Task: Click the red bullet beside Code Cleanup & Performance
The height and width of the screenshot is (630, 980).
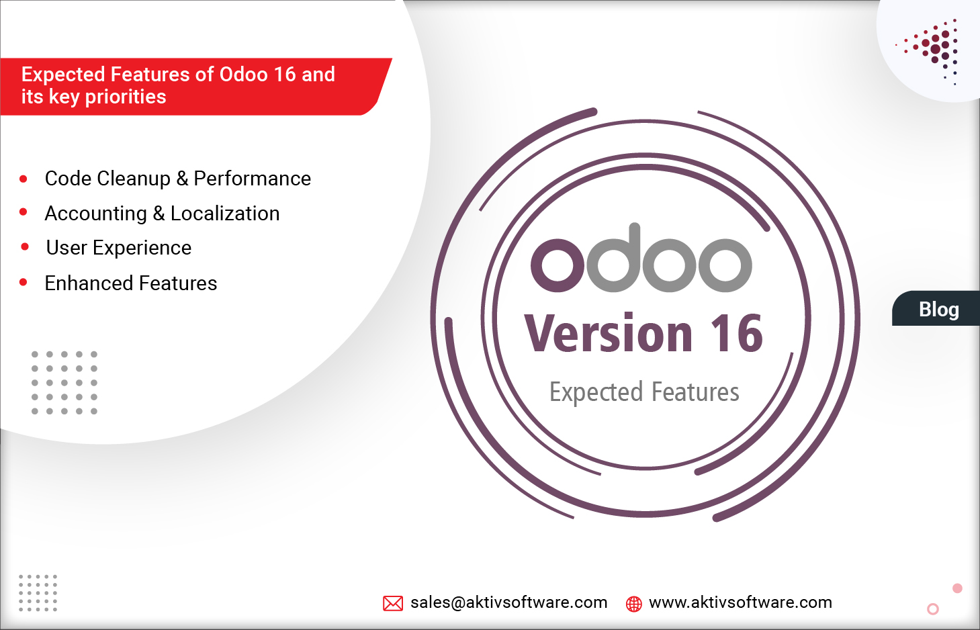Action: (x=24, y=179)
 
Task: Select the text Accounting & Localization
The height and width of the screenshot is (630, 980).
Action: (x=162, y=214)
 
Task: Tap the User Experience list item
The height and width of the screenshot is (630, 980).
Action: (x=119, y=248)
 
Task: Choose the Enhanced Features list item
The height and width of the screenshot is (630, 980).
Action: (x=131, y=283)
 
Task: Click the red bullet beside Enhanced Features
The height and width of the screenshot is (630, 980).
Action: (x=24, y=283)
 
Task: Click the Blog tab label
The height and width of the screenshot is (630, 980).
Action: (x=938, y=309)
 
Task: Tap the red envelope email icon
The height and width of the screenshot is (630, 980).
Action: (x=393, y=603)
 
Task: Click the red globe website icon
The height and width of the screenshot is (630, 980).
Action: (x=633, y=604)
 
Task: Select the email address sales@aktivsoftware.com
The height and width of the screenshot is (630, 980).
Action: (x=508, y=602)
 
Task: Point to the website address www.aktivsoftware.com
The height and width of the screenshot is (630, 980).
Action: (x=740, y=602)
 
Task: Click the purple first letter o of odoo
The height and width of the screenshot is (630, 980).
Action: (x=558, y=265)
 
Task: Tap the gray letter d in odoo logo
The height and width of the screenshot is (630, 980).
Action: (x=614, y=259)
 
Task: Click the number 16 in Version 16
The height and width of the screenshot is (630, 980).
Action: (x=737, y=334)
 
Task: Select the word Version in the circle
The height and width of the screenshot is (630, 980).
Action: (x=608, y=334)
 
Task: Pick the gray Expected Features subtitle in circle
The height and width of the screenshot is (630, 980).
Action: (x=644, y=392)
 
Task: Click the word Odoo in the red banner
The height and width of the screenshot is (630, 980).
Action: (x=243, y=74)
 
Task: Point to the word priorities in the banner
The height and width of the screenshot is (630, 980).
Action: (x=126, y=97)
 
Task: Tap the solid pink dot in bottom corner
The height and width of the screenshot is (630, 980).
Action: (x=957, y=588)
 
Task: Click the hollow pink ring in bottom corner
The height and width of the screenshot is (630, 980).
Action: (x=932, y=609)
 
